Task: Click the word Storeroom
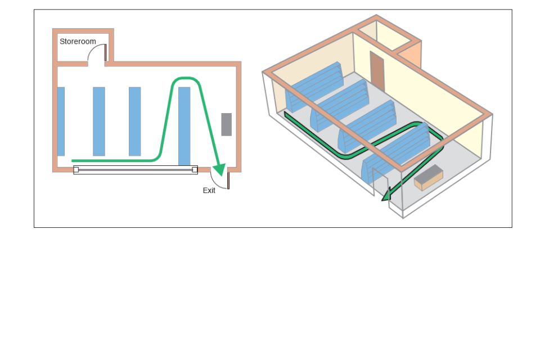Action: point(78,41)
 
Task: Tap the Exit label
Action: point(209,191)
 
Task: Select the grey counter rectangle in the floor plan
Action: point(226,124)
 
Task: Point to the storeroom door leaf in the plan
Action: point(105,52)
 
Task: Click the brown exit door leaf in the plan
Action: point(228,181)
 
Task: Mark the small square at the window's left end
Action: point(76,169)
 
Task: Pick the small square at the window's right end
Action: point(195,169)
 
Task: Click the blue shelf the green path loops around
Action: point(184,126)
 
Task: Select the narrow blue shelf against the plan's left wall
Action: point(61,121)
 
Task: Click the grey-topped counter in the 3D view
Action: point(429,177)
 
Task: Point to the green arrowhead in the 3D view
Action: point(386,195)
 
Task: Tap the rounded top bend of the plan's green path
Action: point(186,79)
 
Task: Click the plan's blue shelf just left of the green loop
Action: point(134,121)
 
